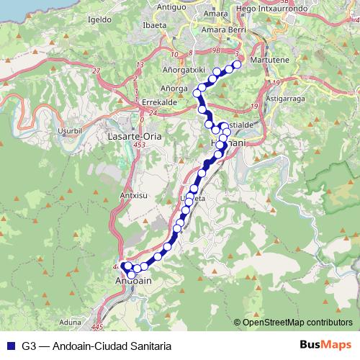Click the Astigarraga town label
287,97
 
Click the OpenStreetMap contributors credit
296,322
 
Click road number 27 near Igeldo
96,70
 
